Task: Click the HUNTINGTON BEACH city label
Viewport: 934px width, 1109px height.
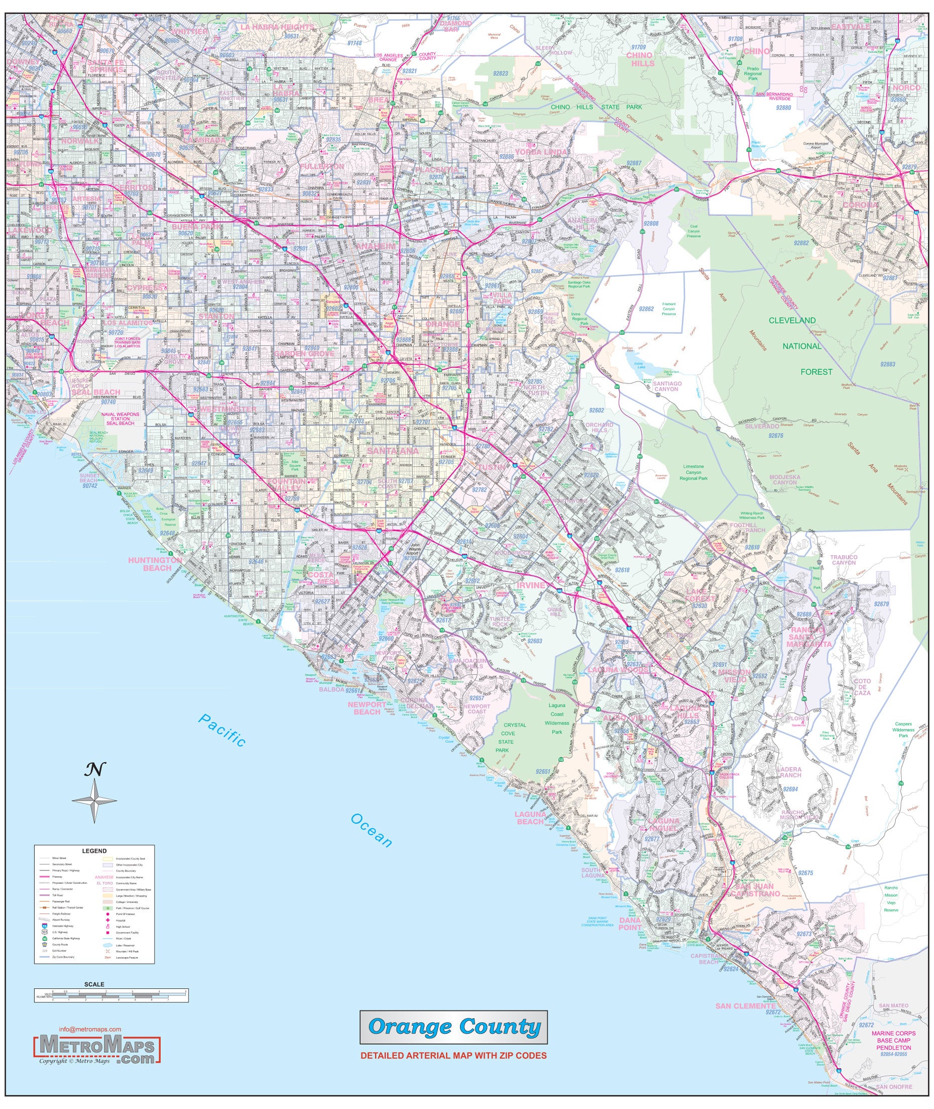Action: point(155,564)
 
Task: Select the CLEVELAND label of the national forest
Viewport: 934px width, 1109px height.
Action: point(792,321)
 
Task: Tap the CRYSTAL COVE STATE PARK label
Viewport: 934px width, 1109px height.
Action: point(514,738)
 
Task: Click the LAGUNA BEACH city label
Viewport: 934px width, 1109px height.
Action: point(530,818)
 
